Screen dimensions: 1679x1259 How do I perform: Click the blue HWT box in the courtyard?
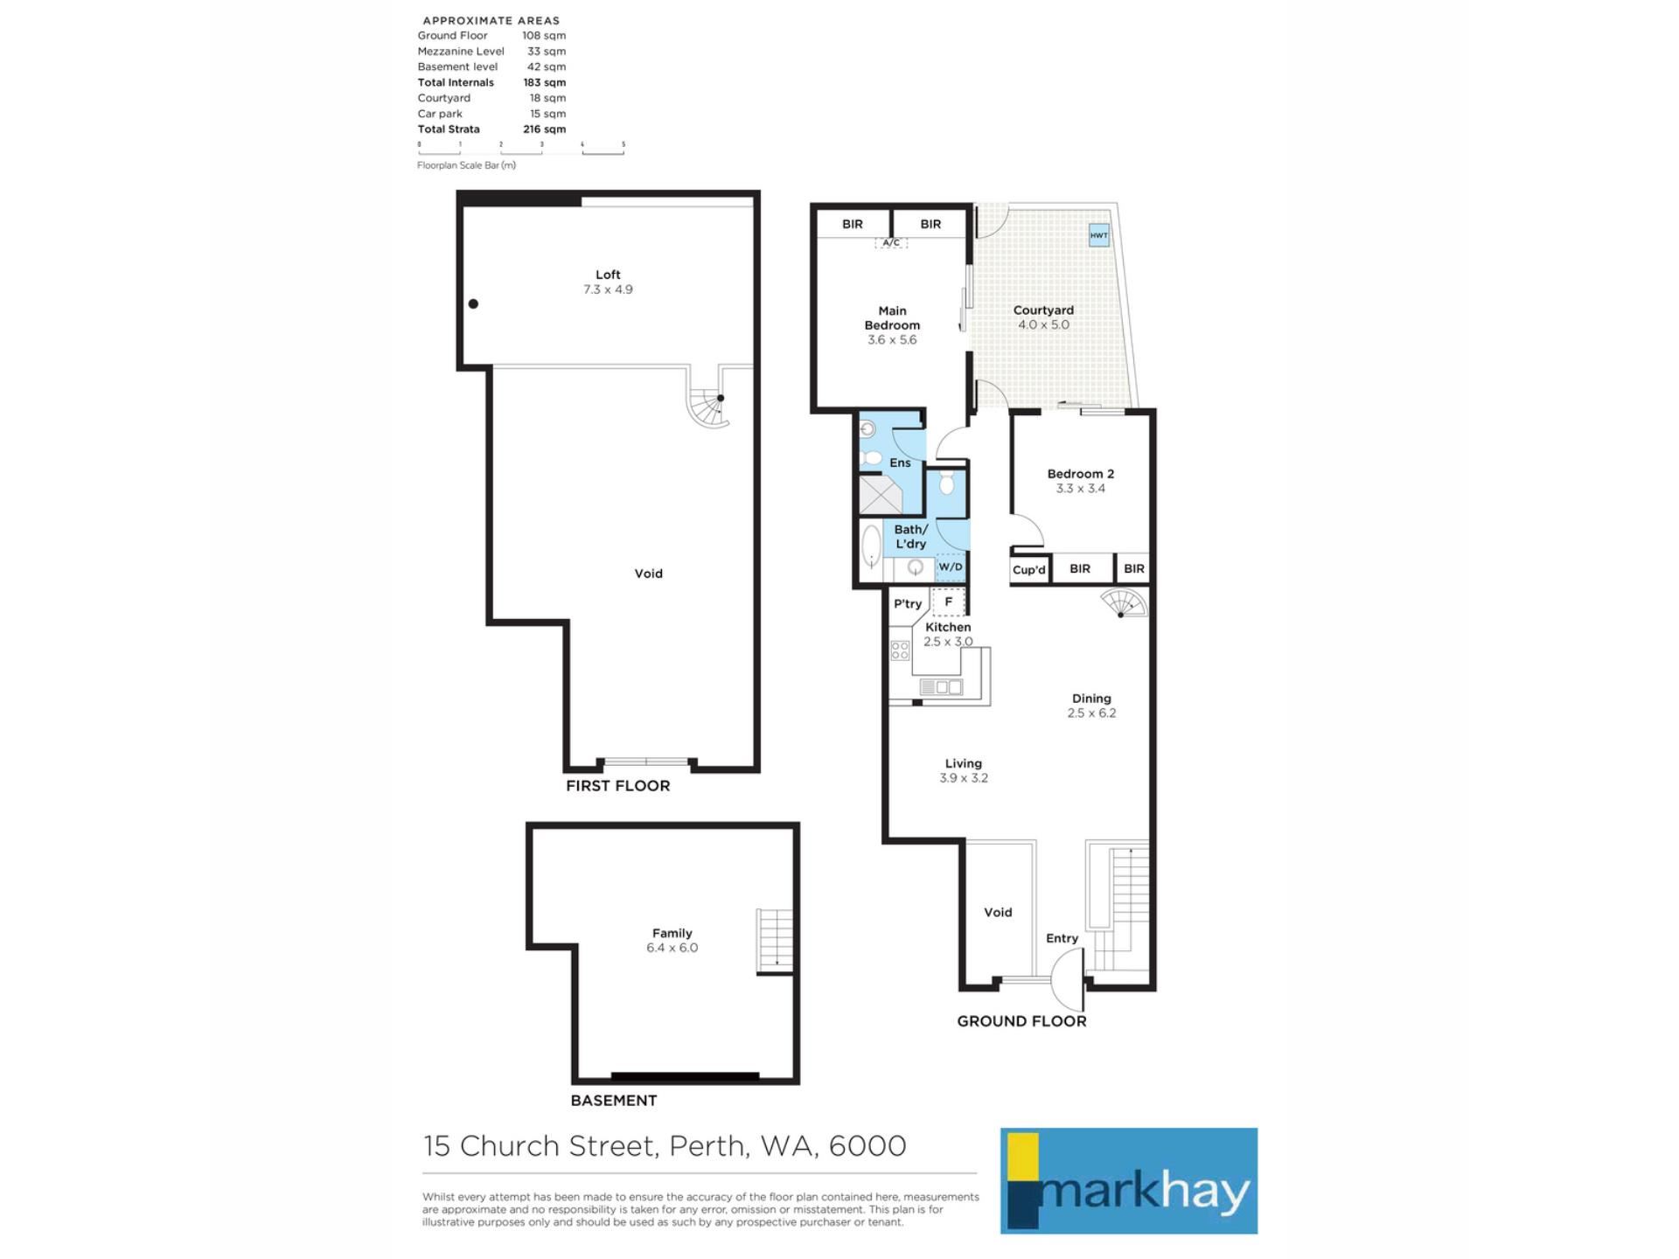1098,234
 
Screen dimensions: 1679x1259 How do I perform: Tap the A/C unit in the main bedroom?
891,243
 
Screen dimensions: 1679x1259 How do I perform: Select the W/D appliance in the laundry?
951,567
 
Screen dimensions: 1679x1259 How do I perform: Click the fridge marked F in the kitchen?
949,602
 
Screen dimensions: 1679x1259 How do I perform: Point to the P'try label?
908,603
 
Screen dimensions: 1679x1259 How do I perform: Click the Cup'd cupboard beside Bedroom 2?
1029,569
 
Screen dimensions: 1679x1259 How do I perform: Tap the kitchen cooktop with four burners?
900,650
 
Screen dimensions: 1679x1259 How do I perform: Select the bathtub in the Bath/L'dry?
871,548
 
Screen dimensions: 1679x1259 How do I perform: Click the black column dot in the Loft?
473,304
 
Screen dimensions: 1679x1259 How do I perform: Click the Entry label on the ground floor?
1062,938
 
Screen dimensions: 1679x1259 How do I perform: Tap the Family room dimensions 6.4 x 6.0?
672,948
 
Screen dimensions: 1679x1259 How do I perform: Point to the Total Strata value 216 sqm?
544,129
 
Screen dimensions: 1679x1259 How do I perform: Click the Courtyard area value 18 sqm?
547,98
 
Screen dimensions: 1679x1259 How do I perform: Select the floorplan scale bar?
521,149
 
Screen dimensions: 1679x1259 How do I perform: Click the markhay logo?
1128,1180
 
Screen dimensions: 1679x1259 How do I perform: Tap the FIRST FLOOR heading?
617,786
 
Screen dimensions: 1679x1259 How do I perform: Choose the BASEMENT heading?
613,1101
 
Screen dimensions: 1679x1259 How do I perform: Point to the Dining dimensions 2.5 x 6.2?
1091,713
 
